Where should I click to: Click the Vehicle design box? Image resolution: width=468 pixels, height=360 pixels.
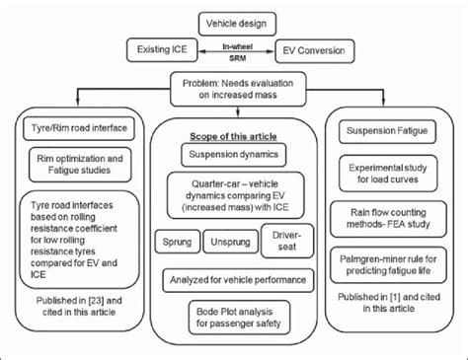(233, 23)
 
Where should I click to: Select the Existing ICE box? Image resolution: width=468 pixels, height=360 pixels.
(162, 48)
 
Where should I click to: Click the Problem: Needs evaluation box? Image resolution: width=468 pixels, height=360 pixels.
(233, 90)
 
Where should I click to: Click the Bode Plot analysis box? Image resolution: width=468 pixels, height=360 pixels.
(233, 320)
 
